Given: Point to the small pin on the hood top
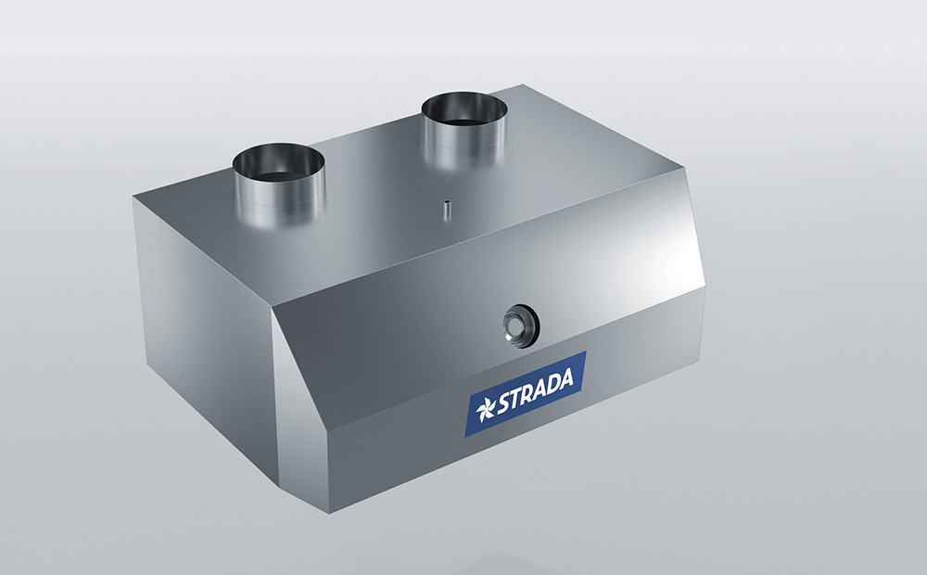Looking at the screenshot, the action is tap(447, 210).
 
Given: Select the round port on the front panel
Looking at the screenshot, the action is tap(521, 326).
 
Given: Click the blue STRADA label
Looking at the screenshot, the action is tap(525, 393).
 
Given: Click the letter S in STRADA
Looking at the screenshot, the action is tap(502, 402).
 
